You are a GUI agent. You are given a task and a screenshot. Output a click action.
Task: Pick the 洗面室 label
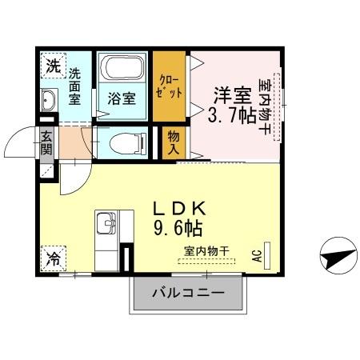click(x=74, y=86)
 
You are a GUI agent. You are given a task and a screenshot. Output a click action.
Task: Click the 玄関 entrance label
click(x=47, y=143)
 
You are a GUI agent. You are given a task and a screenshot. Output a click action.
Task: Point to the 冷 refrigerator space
click(x=50, y=258)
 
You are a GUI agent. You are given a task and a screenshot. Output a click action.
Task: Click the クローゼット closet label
click(x=169, y=86)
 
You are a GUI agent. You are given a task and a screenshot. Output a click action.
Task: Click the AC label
click(x=257, y=255)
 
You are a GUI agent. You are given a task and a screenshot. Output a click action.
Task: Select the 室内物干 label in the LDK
click(x=206, y=251)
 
